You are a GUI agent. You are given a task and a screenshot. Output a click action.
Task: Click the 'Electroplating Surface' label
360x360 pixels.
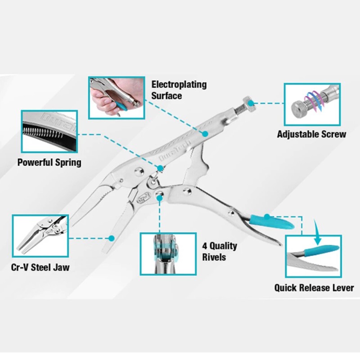[179, 90]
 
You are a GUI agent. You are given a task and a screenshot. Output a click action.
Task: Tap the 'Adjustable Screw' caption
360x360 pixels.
[311, 134]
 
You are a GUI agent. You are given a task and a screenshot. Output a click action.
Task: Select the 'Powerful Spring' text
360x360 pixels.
[49, 162]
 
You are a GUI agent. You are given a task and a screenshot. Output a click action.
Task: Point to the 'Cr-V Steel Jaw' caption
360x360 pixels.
[40, 268]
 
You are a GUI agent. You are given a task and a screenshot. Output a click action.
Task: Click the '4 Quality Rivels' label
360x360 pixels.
[219, 252]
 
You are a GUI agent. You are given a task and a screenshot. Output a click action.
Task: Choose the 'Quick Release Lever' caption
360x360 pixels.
[314, 288]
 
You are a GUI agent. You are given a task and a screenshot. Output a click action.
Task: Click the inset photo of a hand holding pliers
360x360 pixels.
[116, 97]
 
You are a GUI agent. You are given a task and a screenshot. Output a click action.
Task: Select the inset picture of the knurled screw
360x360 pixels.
[312, 104]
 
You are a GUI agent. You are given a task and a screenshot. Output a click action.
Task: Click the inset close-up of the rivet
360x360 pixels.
[168, 253]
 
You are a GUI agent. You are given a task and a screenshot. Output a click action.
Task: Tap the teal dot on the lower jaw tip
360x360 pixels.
[110, 237]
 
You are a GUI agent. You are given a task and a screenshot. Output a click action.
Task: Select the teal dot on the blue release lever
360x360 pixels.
[266, 217]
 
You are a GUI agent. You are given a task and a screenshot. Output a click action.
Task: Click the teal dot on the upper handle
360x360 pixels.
[205, 134]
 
